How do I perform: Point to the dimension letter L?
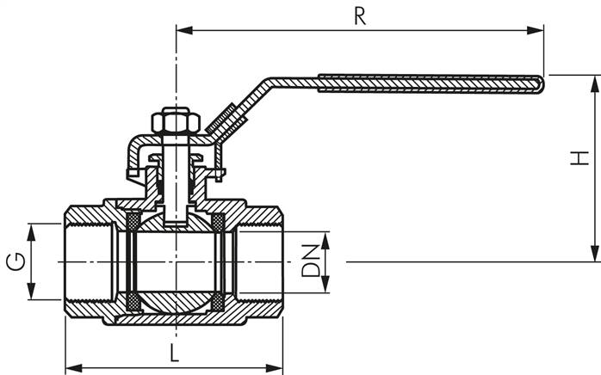point(174,353)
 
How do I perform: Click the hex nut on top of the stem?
point(177,121)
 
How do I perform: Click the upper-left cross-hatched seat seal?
point(133,223)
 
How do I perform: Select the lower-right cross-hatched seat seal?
point(219,302)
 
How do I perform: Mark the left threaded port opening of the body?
point(86,261)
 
